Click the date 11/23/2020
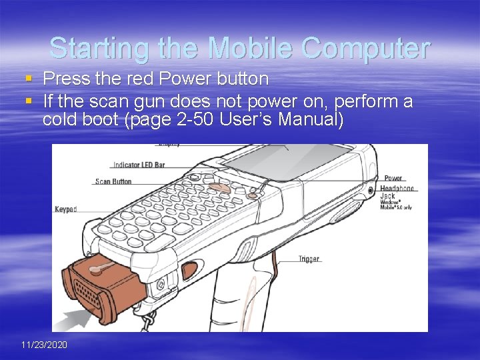tap(44, 345)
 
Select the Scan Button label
tap(113, 181)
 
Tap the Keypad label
tap(65, 209)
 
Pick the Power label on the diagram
tap(393, 179)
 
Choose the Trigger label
tap(309, 259)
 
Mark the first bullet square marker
tap(28, 79)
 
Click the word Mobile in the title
tap(251, 48)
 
